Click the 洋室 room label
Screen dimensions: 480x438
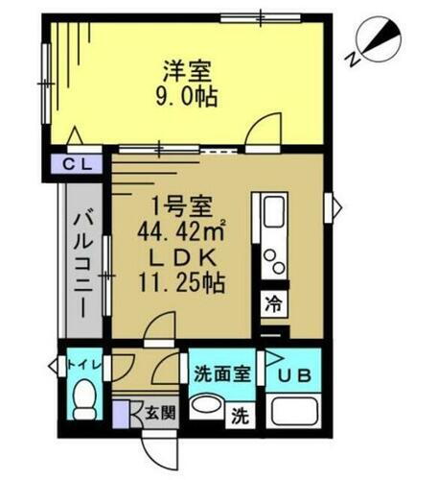[x=186, y=71]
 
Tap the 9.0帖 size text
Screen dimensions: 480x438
[x=186, y=96]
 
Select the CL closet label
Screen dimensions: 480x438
[x=77, y=164]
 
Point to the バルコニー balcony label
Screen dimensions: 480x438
[x=82, y=266]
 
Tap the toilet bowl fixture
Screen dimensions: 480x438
[x=86, y=396]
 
